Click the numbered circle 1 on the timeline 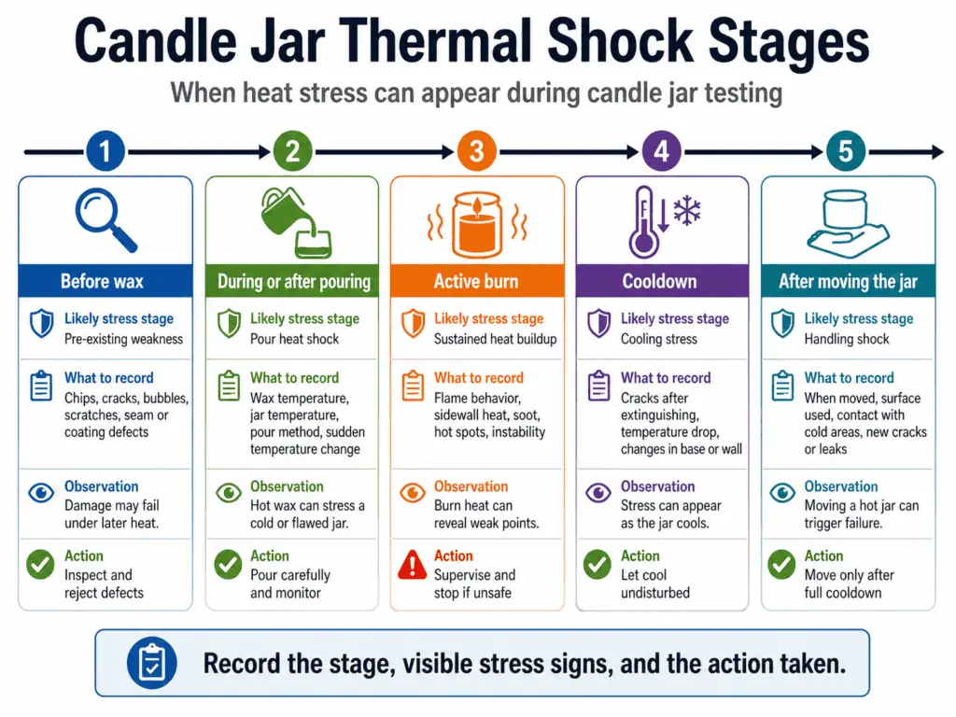pos(105,151)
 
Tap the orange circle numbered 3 pos(476,151)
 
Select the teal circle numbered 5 pos(846,151)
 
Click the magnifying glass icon pos(105,219)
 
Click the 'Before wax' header pos(102,281)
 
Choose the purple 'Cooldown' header pos(661,281)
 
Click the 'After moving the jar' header pos(848,281)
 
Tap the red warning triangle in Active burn pos(412,564)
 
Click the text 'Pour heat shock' pos(294,339)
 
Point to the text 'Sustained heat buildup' pos(495,339)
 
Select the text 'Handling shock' pos(847,339)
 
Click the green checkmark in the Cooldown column pos(597,564)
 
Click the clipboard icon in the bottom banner pos(150,663)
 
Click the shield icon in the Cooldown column pos(597,324)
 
